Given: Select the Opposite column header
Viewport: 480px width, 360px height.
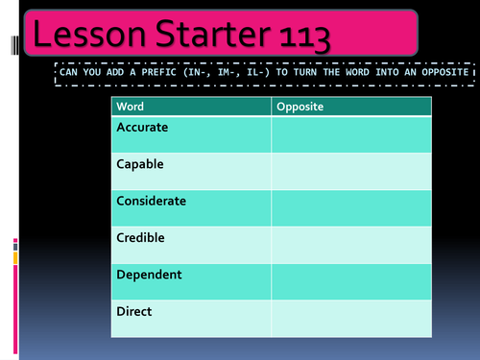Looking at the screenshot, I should coord(300,106).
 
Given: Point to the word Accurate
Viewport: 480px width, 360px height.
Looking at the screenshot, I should coord(143,127).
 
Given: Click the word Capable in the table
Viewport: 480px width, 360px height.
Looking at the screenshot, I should coord(140,164).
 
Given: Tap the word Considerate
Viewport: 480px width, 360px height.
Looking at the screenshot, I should coord(151,201).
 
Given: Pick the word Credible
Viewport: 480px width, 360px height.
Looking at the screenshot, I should coord(140,237).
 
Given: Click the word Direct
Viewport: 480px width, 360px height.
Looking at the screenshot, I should coord(134,311).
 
